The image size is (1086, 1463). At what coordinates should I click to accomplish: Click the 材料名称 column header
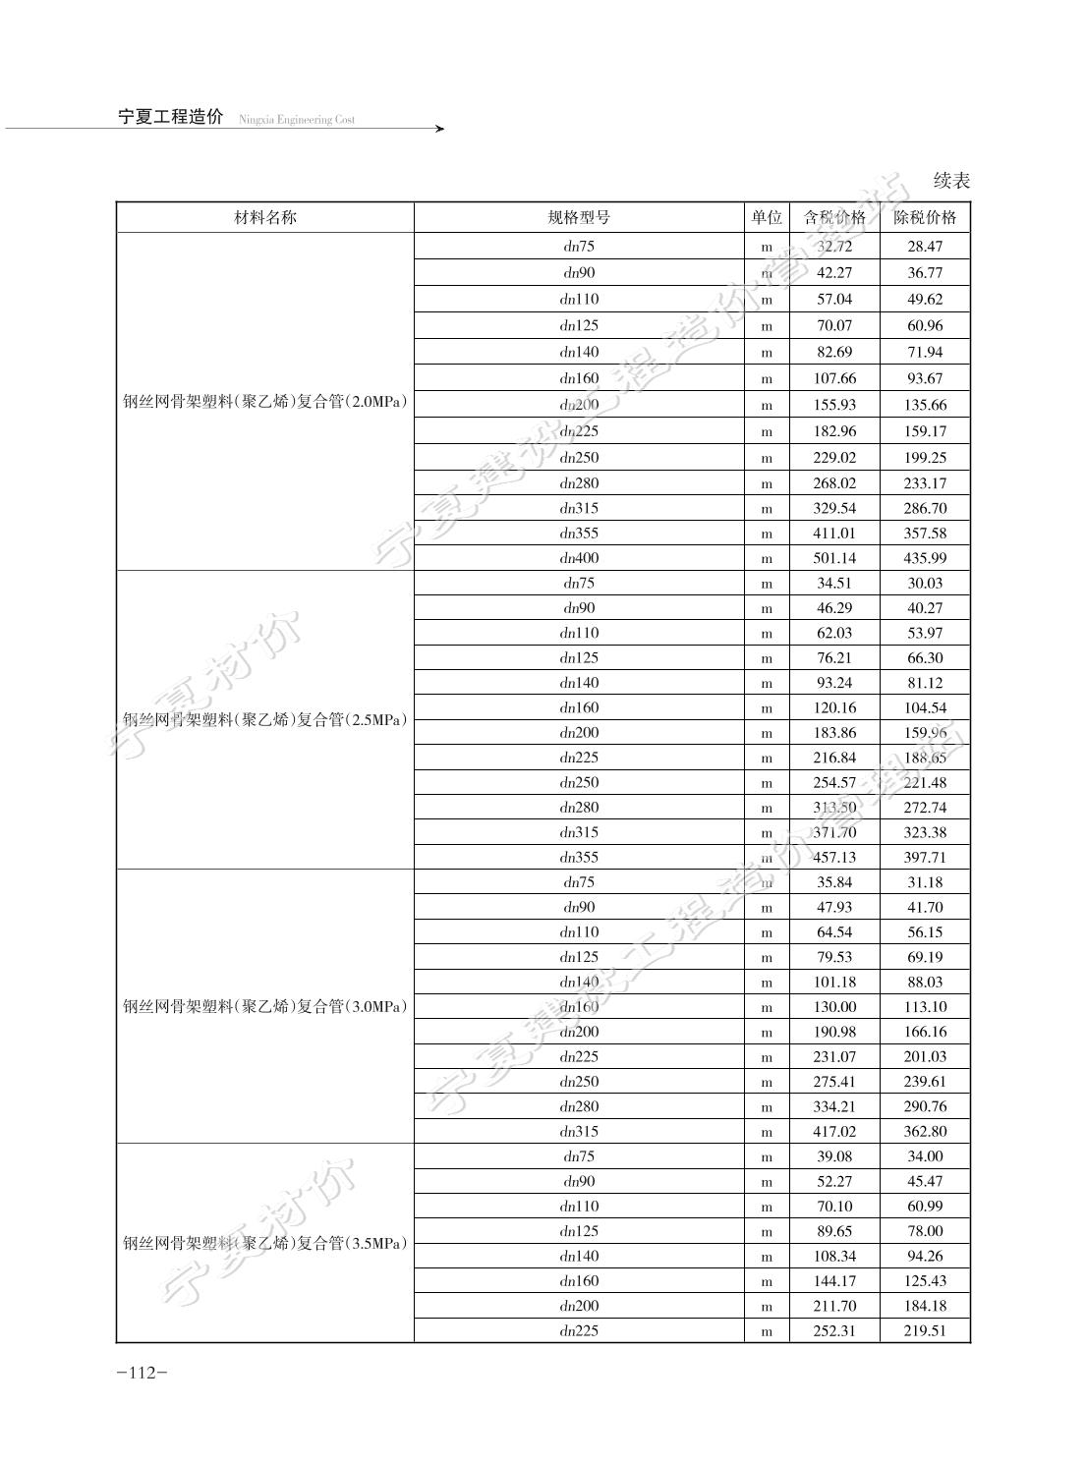pos(264,218)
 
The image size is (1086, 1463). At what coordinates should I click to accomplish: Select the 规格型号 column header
pos(579,218)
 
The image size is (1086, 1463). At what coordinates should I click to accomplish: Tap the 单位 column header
pos(767,218)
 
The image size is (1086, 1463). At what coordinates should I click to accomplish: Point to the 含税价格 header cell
pos(834,218)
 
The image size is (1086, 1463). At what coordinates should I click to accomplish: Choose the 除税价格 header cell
pos(925,218)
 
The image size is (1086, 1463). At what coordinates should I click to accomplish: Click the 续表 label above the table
pos(951,181)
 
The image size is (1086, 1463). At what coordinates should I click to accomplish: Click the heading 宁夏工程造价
pos(171,118)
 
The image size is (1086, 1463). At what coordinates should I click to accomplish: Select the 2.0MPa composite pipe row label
pos(264,402)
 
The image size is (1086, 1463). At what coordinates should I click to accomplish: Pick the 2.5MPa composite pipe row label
pos(264,719)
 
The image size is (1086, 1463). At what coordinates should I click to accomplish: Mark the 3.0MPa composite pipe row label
pos(264,1006)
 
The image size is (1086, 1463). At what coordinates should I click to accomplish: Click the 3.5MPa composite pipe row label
pos(264,1243)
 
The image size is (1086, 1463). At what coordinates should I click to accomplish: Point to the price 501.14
pos(834,558)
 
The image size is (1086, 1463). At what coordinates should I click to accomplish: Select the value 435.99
pos(925,558)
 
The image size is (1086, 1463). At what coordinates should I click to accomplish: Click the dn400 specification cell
pos(579,558)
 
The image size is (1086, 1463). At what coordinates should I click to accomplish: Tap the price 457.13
pos(834,858)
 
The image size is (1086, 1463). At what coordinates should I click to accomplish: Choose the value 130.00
pos(834,1007)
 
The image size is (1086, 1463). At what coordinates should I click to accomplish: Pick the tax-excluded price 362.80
pos(925,1132)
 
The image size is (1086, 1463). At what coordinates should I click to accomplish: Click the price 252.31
pos(834,1331)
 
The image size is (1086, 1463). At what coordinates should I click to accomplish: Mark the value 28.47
pos(925,247)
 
